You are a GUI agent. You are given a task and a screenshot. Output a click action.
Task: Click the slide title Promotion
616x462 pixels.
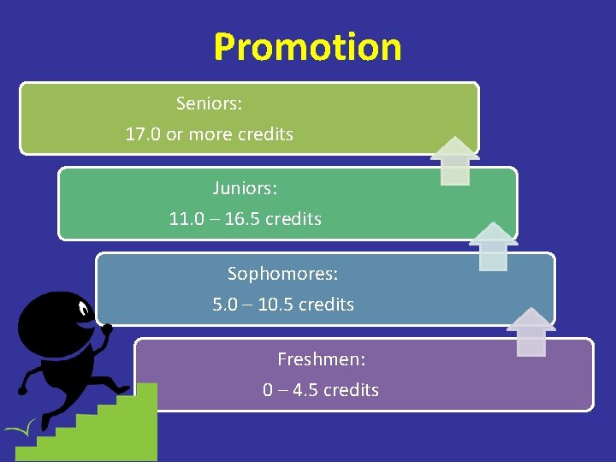pyautogui.click(x=307, y=47)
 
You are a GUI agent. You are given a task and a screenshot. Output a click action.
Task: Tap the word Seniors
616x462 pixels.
pyautogui.click(x=209, y=104)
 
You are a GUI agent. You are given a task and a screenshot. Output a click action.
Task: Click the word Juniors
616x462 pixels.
pyautogui.click(x=245, y=187)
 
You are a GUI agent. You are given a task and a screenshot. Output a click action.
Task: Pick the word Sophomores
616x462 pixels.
pyautogui.click(x=282, y=274)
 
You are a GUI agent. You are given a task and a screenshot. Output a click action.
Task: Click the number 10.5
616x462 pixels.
pyautogui.click(x=275, y=305)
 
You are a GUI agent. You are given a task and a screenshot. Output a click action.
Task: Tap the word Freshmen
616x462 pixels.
pyautogui.click(x=321, y=359)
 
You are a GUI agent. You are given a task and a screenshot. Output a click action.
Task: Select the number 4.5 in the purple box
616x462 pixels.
pyautogui.click(x=299, y=390)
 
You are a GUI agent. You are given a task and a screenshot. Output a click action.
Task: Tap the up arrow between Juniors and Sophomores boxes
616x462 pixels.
pyautogui.click(x=493, y=246)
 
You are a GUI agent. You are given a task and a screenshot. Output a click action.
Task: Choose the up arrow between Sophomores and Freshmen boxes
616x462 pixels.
pyautogui.click(x=531, y=331)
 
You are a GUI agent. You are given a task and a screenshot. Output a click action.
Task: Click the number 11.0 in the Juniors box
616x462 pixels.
pyautogui.click(x=187, y=219)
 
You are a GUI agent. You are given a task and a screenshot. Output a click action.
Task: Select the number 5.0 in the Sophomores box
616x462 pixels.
pyautogui.click(x=225, y=305)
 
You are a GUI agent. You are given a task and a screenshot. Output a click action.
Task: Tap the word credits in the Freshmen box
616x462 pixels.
pyautogui.click(x=351, y=390)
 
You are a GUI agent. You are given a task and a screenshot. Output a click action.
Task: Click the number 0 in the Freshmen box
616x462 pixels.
pyautogui.click(x=269, y=390)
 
